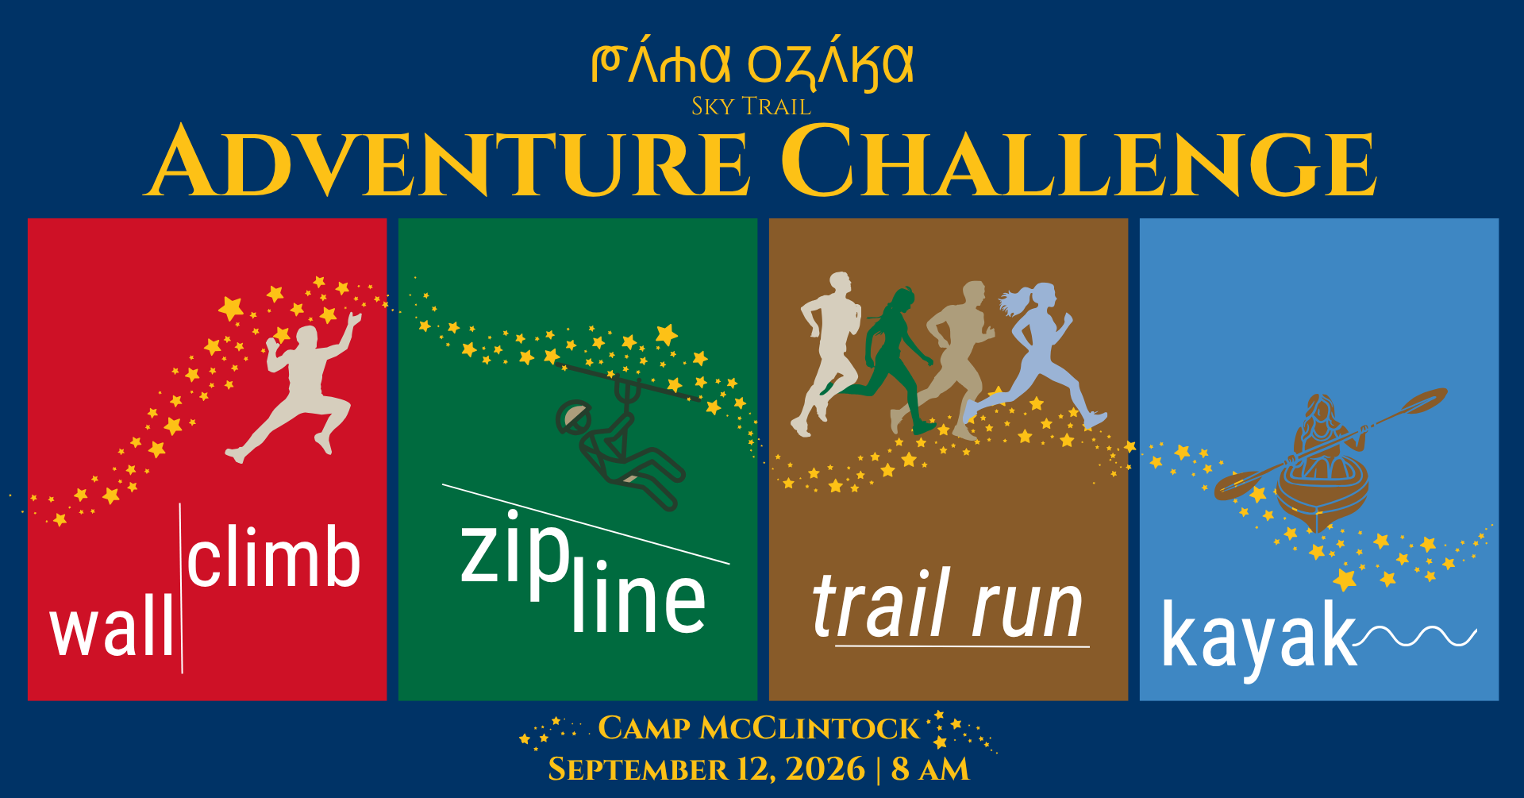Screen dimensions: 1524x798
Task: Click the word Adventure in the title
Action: pos(448,160)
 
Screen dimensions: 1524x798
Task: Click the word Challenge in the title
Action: pos(1079,160)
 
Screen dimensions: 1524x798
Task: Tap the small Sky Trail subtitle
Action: pos(751,106)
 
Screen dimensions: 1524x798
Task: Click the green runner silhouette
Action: pos(885,361)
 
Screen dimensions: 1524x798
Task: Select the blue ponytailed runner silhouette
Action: pos(1036,353)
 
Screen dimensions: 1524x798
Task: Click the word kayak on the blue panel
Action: pos(1259,635)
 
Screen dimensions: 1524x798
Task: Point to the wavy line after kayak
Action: pos(1418,636)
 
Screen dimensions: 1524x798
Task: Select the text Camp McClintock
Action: pos(758,728)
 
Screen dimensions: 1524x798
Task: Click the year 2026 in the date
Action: pos(825,769)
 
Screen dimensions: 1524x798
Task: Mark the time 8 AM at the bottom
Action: pos(930,769)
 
